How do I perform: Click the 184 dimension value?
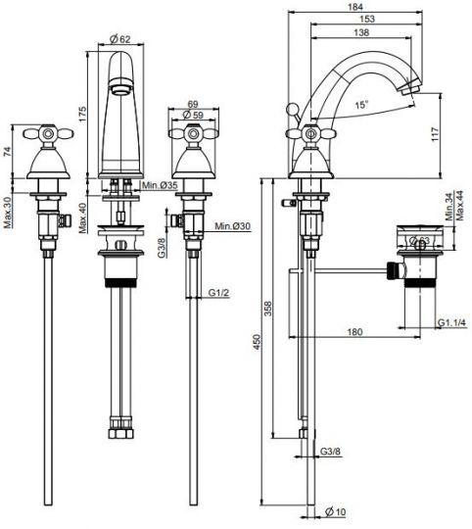(355, 7)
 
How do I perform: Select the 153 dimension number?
(367, 19)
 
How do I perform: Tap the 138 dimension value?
(361, 32)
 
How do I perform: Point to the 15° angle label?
(361, 105)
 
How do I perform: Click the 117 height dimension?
(435, 134)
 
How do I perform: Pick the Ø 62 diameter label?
(120, 39)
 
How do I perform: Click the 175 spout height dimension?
(83, 114)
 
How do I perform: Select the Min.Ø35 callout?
(160, 185)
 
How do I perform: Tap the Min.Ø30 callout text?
(233, 225)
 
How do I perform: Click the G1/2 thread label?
(218, 293)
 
